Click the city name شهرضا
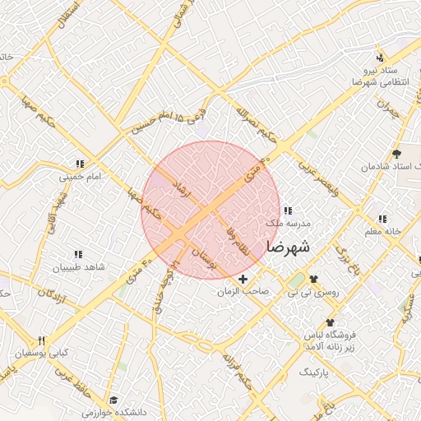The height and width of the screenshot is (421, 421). point(288,246)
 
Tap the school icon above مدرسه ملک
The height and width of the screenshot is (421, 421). point(287,210)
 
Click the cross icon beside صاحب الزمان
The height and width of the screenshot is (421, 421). point(243,280)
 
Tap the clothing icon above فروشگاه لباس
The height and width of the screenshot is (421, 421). point(330,322)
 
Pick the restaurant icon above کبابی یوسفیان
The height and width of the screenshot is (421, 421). point(41,341)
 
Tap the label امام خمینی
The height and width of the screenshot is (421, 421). point(79,176)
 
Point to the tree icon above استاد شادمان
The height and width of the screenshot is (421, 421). point(396,154)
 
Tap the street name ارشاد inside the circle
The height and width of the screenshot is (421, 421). point(178,188)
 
